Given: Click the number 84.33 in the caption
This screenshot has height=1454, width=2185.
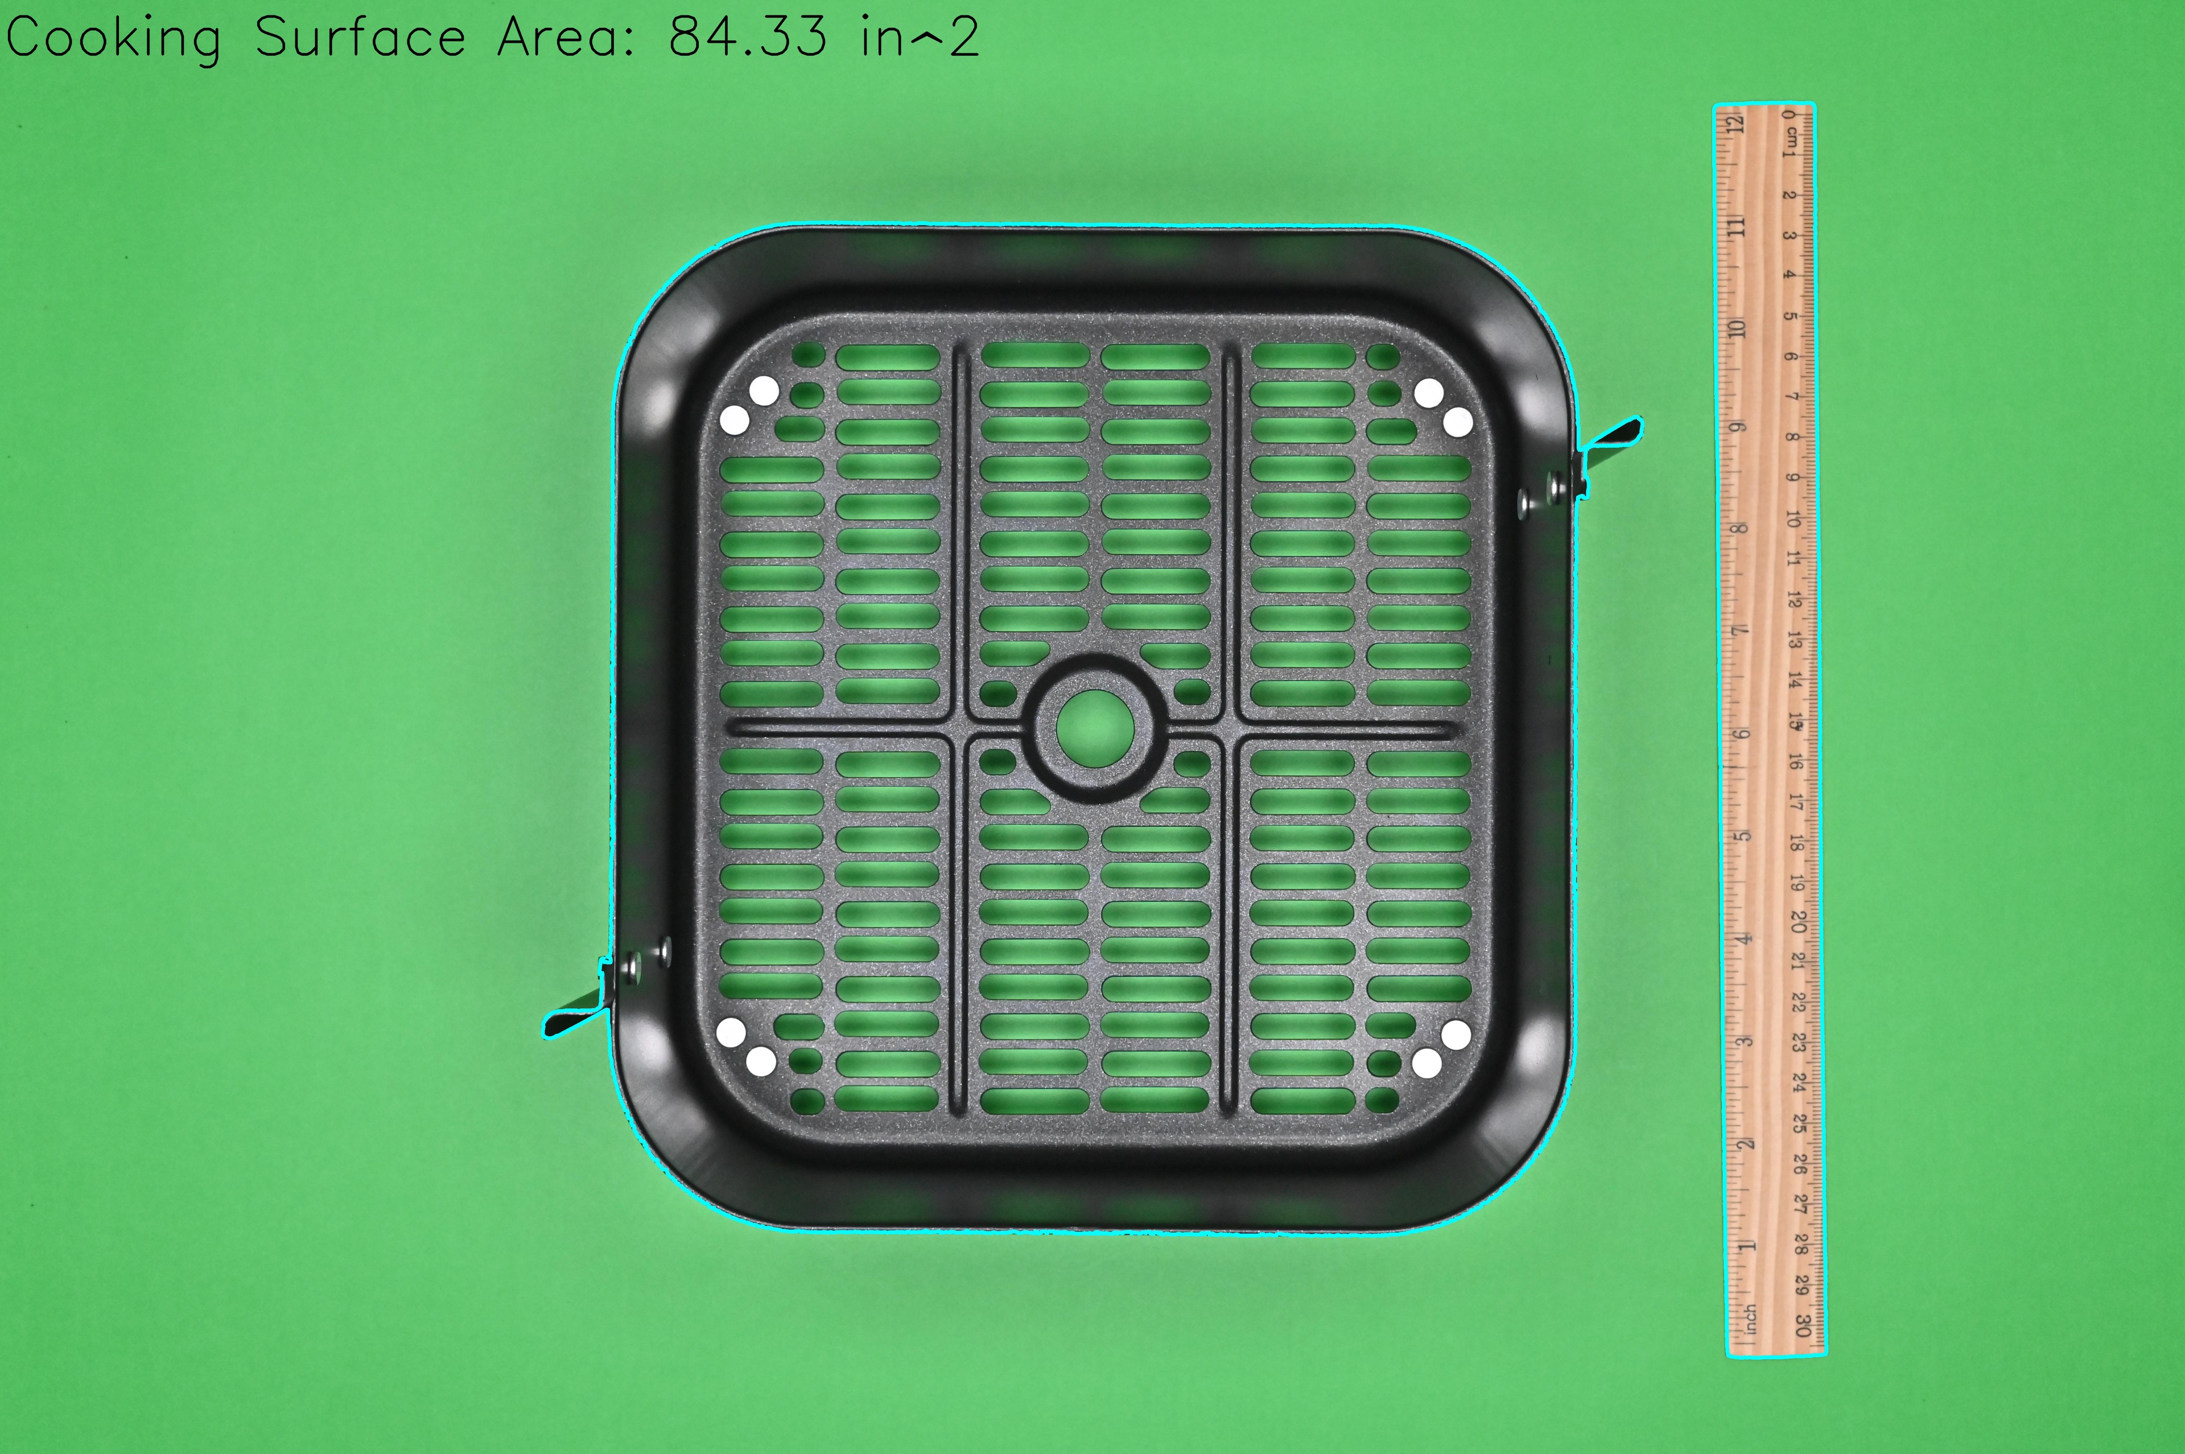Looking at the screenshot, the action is [x=747, y=38].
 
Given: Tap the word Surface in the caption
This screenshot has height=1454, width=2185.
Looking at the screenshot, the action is [x=360, y=38].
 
